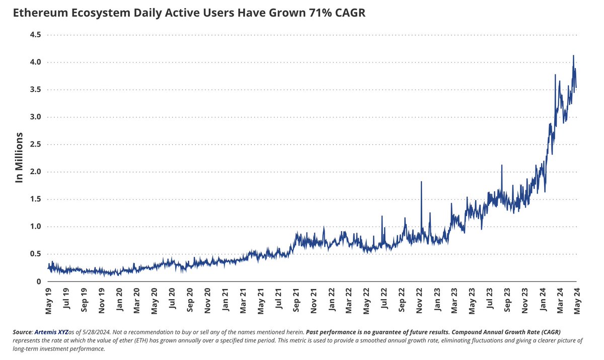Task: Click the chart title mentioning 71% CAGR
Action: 189,14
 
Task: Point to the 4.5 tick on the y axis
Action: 35,35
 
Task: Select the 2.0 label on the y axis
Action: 35,172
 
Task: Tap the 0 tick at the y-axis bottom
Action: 38,281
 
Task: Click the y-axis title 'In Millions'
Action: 19,158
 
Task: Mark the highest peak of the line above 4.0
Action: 573,56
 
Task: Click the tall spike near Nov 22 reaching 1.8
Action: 421,182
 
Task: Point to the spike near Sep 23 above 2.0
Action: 502,166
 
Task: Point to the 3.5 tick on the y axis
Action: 35,90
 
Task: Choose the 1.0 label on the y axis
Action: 35,227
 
